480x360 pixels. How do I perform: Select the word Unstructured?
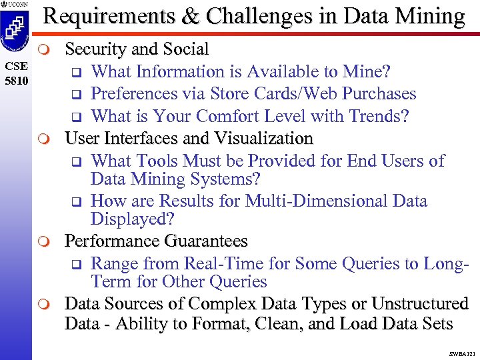click(x=419, y=303)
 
